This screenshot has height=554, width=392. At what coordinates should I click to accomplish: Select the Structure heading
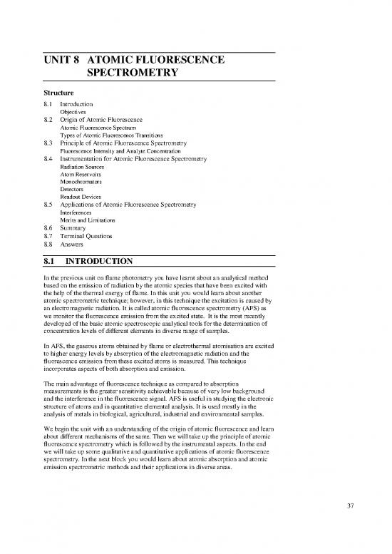click(x=62, y=93)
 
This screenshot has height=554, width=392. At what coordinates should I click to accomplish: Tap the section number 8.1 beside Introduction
click(x=48, y=105)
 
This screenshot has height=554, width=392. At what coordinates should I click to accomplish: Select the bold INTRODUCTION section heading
click(x=103, y=262)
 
